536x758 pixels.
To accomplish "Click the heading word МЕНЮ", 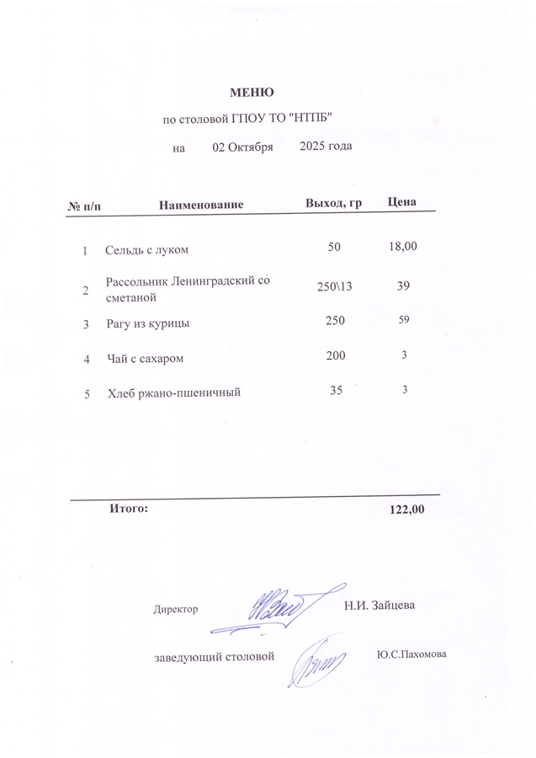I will [x=252, y=92].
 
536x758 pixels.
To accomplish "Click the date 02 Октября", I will [x=242, y=147].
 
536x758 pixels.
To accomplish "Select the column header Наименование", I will [x=201, y=205].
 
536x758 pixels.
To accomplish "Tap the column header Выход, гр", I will [x=333, y=204].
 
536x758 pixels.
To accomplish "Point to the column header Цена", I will [x=402, y=203].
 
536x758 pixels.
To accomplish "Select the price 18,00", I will [x=403, y=247].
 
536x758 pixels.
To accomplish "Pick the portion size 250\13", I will [x=334, y=288].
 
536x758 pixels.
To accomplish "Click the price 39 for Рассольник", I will [x=404, y=287].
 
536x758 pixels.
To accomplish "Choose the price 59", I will [x=404, y=320].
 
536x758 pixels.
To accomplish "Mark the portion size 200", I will [x=335, y=356].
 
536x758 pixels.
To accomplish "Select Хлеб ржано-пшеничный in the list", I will [x=174, y=392].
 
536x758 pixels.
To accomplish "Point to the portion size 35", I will [x=336, y=390].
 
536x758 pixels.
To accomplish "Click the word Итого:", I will [x=129, y=509].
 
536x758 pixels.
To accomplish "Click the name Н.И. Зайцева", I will [x=379, y=605].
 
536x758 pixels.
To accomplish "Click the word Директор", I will [x=176, y=609].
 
